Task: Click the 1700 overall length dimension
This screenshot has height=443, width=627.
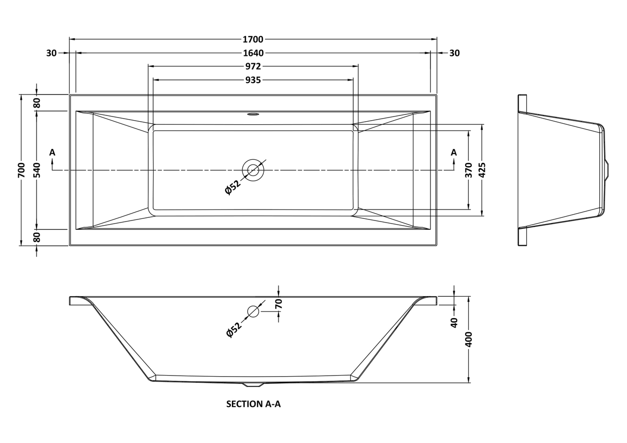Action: coord(253,40)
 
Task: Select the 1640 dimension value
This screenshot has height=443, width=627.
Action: coord(253,53)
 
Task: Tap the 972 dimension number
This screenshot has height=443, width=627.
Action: coord(253,66)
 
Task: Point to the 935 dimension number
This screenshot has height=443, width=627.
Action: coord(253,80)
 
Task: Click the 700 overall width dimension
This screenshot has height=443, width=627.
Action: coord(21,170)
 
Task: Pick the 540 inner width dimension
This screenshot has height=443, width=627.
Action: coord(37,170)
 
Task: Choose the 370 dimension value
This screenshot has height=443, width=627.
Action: coord(469,170)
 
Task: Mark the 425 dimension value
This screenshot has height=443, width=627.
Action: coord(482,170)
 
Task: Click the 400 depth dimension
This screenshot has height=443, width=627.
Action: coord(469,339)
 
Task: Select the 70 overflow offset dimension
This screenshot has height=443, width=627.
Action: coord(279,304)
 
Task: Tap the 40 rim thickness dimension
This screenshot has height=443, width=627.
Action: coord(454,323)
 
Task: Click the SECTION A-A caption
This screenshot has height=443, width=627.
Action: coord(253,404)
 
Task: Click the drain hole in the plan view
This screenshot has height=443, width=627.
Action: coord(253,170)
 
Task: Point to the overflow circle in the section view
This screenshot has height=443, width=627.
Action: coord(253,311)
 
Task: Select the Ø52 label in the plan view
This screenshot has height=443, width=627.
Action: coord(233,187)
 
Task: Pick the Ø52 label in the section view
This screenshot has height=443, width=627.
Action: coord(234,330)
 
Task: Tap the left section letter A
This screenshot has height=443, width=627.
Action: coord(52,153)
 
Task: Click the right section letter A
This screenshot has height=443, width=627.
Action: coord(454,153)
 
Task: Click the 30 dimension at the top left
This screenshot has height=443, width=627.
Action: coord(52,53)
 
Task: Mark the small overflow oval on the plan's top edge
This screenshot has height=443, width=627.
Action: coord(253,114)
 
